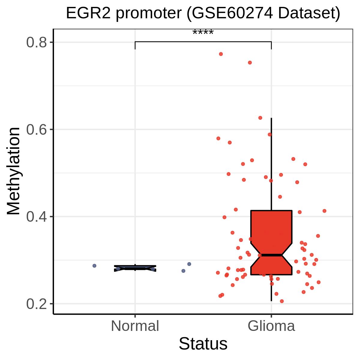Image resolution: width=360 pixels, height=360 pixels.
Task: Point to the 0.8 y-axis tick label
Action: tap(36, 42)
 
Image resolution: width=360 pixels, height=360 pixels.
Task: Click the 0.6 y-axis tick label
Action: tap(36, 130)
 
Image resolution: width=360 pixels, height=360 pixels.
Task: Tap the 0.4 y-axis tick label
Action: tap(36, 217)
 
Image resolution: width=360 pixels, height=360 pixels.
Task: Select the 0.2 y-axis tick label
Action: tap(36, 304)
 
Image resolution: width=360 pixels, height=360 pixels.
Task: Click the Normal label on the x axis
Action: tap(135, 326)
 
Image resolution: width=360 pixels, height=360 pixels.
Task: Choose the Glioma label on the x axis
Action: tap(271, 326)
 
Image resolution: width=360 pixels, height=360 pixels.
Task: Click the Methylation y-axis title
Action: tap(13, 171)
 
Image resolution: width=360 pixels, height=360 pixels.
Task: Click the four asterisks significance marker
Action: tap(203, 32)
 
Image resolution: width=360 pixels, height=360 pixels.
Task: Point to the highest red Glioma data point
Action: tap(221, 54)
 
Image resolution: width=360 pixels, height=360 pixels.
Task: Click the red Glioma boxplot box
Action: tap(271, 242)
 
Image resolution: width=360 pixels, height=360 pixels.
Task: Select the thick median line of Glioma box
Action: tap(271, 255)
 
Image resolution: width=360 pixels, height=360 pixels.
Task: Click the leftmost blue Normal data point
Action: tap(94, 266)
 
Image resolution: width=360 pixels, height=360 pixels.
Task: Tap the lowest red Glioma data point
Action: tap(282, 301)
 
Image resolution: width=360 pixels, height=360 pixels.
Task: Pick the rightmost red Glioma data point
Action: tap(325, 211)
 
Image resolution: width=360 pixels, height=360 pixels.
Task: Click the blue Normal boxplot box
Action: tap(135, 268)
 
